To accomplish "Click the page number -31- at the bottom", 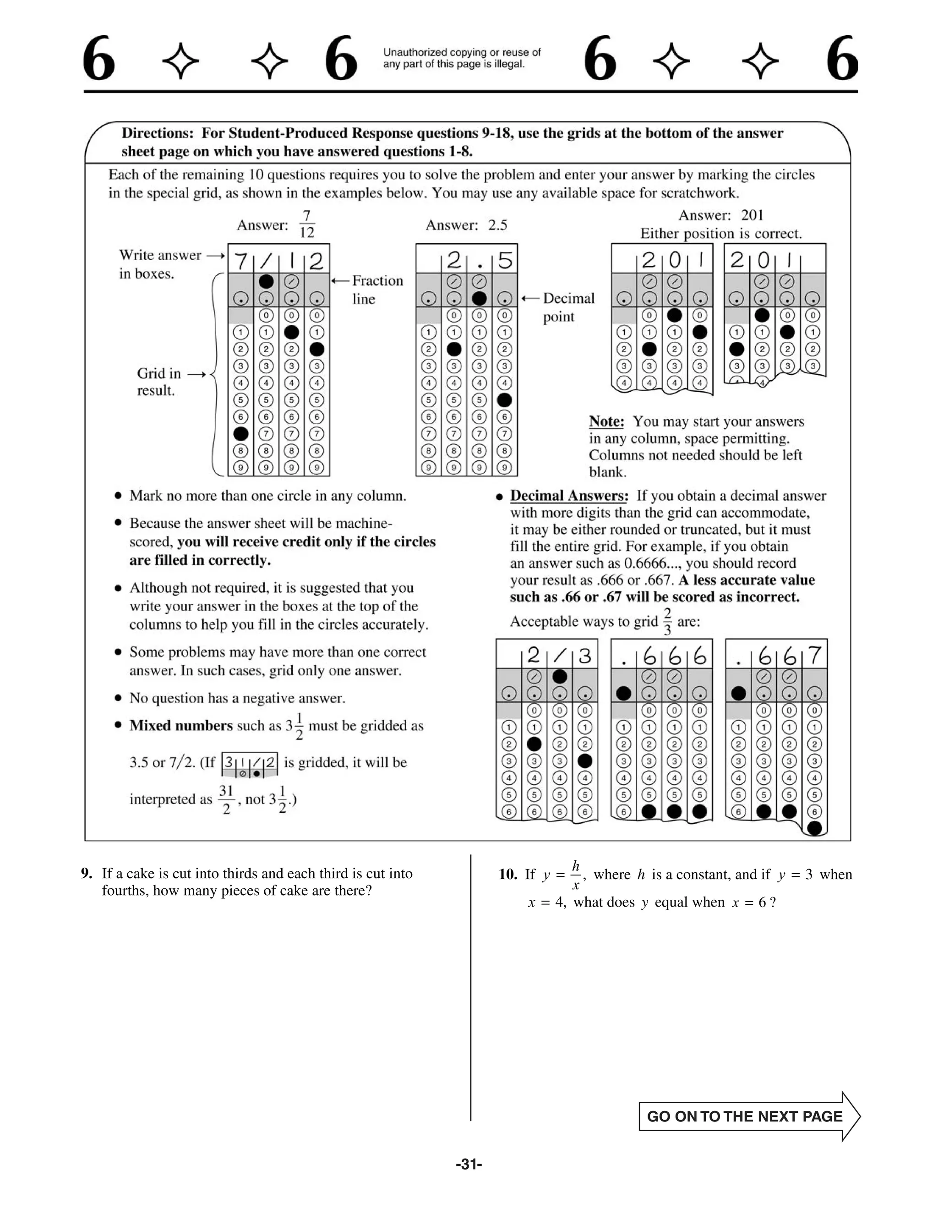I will point(469,1164).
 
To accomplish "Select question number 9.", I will point(87,873).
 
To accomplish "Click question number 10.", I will point(508,875).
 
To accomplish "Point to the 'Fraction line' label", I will point(377,290).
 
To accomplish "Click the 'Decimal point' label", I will point(568,307).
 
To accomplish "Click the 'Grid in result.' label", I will point(158,381).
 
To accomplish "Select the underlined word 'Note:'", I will point(606,421).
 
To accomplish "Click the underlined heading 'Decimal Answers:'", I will point(569,495).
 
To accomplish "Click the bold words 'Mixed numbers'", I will point(180,725).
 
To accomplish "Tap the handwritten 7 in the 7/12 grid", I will point(240,260).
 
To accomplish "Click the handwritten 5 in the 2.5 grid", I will point(505,260).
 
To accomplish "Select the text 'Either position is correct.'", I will point(721,234).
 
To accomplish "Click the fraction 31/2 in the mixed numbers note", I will point(226,799).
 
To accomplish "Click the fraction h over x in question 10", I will point(576,875).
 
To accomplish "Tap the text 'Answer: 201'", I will point(721,215).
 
